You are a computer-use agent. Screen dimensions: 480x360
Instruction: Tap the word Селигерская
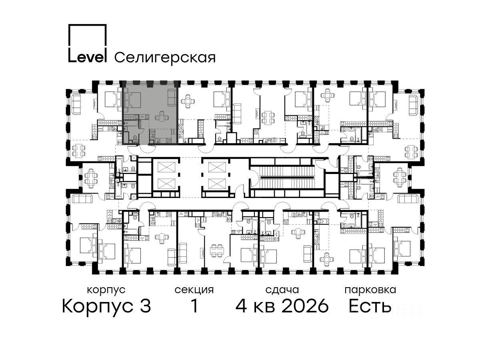[165, 58]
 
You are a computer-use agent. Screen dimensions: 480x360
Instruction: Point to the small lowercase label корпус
[106, 290]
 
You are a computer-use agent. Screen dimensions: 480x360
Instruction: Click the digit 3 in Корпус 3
[145, 306]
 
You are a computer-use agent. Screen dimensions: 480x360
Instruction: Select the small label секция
[194, 290]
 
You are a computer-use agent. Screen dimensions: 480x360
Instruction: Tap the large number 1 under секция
[194, 306]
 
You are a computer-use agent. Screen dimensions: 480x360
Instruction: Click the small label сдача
[282, 290]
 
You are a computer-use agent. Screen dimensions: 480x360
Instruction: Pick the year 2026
[305, 306]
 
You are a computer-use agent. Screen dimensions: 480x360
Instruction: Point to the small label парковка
[370, 290]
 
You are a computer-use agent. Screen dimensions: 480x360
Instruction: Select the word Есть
[370, 306]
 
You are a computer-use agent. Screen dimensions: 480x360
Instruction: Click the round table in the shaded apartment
[162, 117]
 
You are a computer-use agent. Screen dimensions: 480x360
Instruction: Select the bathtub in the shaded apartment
[131, 123]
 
